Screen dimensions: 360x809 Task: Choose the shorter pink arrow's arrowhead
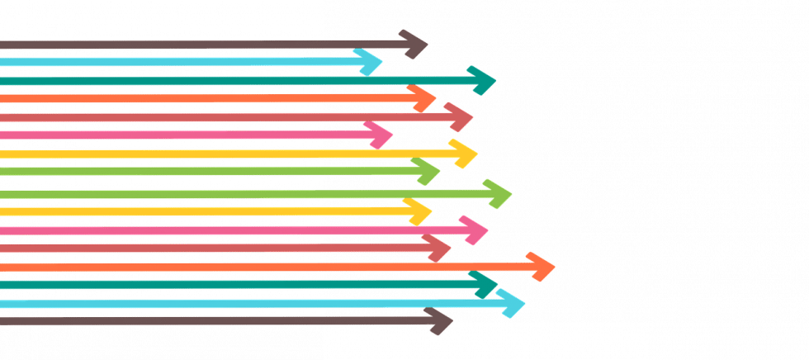coord(382,134)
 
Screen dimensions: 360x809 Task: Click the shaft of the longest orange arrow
coord(248,266)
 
